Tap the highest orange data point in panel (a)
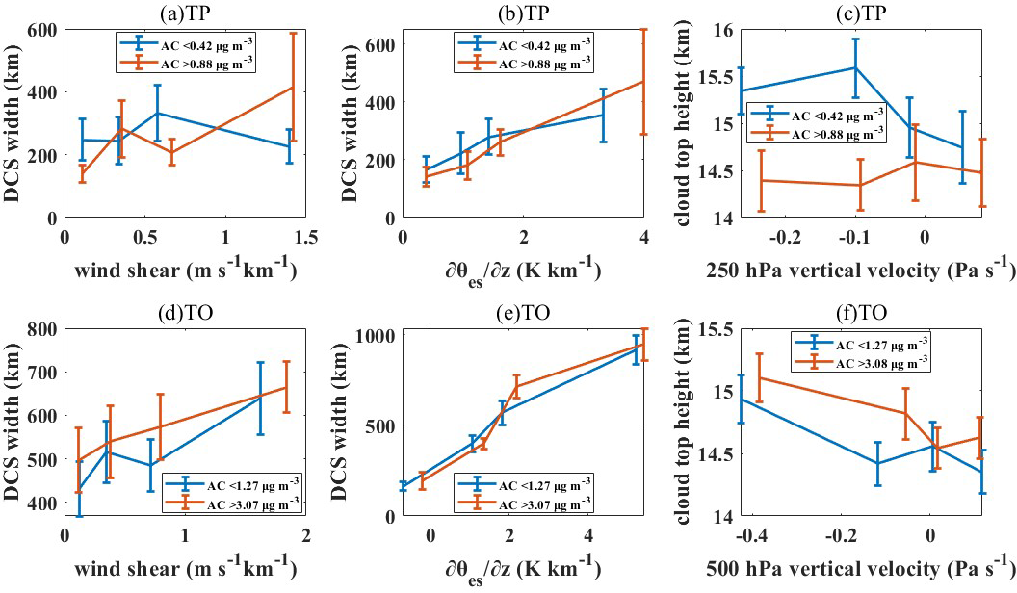tap(291, 88)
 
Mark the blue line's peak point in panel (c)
tap(855, 67)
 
